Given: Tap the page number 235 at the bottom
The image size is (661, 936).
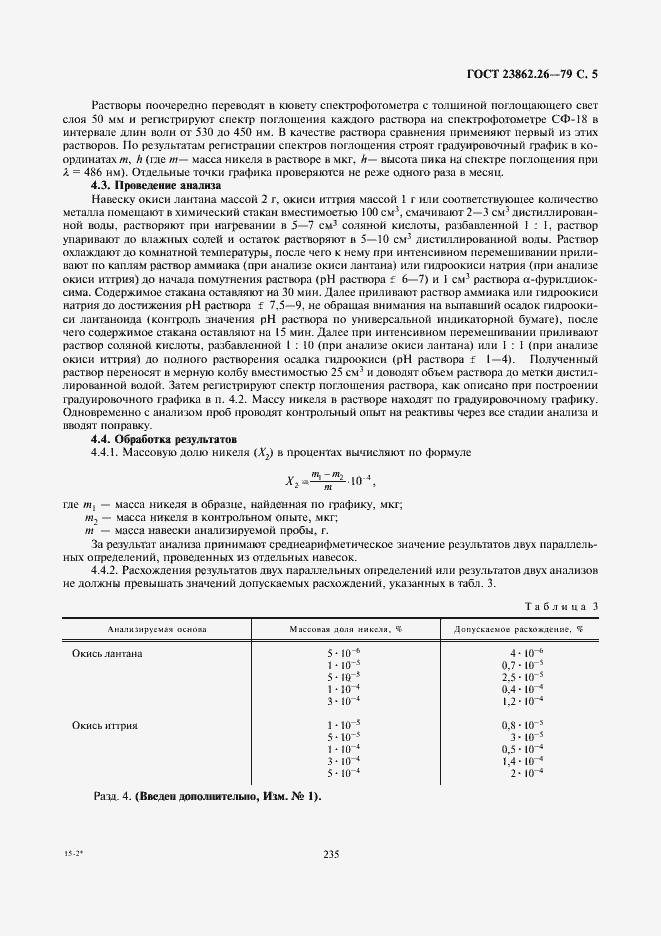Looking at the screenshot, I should (x=332, y=854).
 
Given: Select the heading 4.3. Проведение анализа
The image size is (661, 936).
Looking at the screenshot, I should (x=149, y=185).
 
